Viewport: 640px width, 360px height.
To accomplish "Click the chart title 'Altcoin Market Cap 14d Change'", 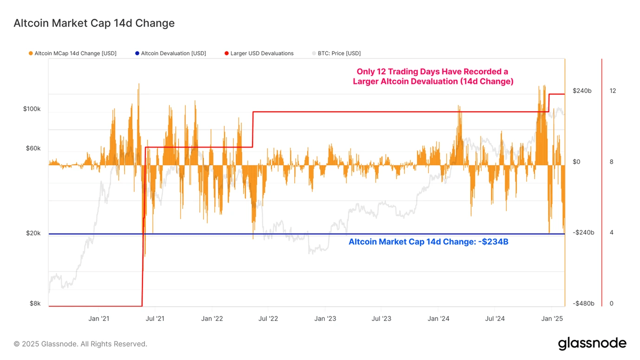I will click(x=94, y=23).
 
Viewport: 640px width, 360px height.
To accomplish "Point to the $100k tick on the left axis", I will click(x=32, y=109).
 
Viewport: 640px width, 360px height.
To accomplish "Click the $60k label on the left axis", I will click(x=33, y=148).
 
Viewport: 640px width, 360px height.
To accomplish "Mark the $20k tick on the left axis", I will click(x=33, y=233).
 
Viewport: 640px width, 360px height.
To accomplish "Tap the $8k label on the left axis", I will click(x=35, y=303).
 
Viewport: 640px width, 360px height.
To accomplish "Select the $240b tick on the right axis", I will click(x=582, y=91).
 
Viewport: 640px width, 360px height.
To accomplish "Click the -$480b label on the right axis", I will click(x=583, y=303).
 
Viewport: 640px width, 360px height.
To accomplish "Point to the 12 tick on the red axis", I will click(x=613, y=91).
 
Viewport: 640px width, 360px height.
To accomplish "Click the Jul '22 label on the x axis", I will click(x=268, y=319).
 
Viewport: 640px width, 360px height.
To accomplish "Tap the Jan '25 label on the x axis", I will click(x=552, y=319).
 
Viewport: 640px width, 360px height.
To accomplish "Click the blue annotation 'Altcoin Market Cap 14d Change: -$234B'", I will click(x=428, y=242).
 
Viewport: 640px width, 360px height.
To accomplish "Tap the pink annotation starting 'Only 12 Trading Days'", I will click(x=433, y=77).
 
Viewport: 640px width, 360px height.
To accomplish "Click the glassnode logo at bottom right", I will click(x=592, y=344).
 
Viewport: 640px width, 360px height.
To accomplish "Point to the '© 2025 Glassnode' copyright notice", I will click(x=80, y=344).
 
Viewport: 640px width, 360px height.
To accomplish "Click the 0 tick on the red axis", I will click(x=611, y=303).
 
